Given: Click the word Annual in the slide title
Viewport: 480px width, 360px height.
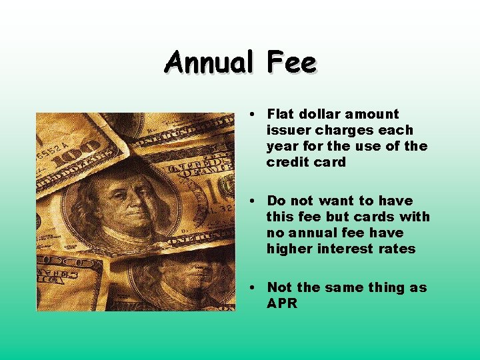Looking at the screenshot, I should (x=209, y=63).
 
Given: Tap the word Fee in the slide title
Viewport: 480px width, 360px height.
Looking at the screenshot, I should (x=291, y=63).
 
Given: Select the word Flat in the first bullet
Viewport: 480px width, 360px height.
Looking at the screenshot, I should (x=281, y=114).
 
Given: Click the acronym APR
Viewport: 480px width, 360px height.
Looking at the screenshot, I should (x=282, y=303).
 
